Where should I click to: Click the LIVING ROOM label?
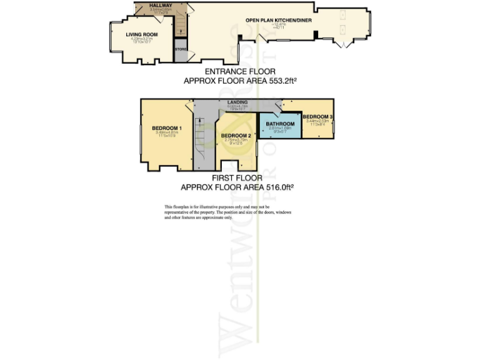pyautogui.click(x=141, y=34)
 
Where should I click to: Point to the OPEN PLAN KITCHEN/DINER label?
pyautogui.click(x=278, y=20)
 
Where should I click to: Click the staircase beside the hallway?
pyautogui.click(x=181, y=24)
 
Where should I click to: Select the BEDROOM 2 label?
pyautogui.click(x=236, y=136)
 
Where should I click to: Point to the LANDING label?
pyautogui.click(x=237, y=102)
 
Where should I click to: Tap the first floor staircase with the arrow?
pyautogui.click(x=201, y=134)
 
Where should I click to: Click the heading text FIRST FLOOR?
pyautogui.click(x=237, y=178)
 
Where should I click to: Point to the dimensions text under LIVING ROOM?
pyautogui.click(x=141, y=41)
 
